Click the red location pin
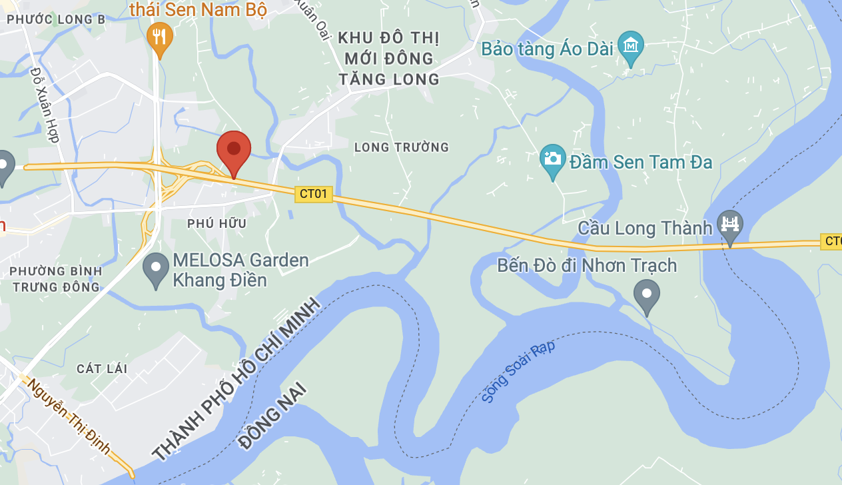point(234,150)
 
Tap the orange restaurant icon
point(159,36)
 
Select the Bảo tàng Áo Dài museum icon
point(630,46)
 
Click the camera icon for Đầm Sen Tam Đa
point(552,161)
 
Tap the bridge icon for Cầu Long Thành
point(730,224)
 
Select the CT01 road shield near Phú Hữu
point(314,194)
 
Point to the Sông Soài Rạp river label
point(518,370)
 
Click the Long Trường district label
point(402,147)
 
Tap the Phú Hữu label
point(216,224)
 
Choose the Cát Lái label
point(102,369)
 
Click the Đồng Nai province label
point(273,415)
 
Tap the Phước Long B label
point(51,20)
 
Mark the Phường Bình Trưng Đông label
point(56,279)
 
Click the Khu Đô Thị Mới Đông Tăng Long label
point(389,58)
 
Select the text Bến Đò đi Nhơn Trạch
point(587,266)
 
